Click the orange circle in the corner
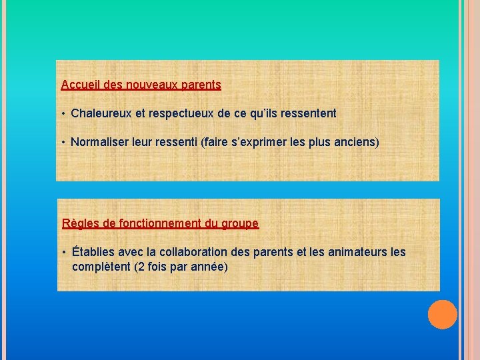pos(442,315)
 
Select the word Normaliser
pos(99,142)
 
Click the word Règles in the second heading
pos(79,224)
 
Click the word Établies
pos(93,252)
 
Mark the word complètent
pos(101,267)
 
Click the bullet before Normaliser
pos(63,142)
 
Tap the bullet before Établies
pos(63,252)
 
